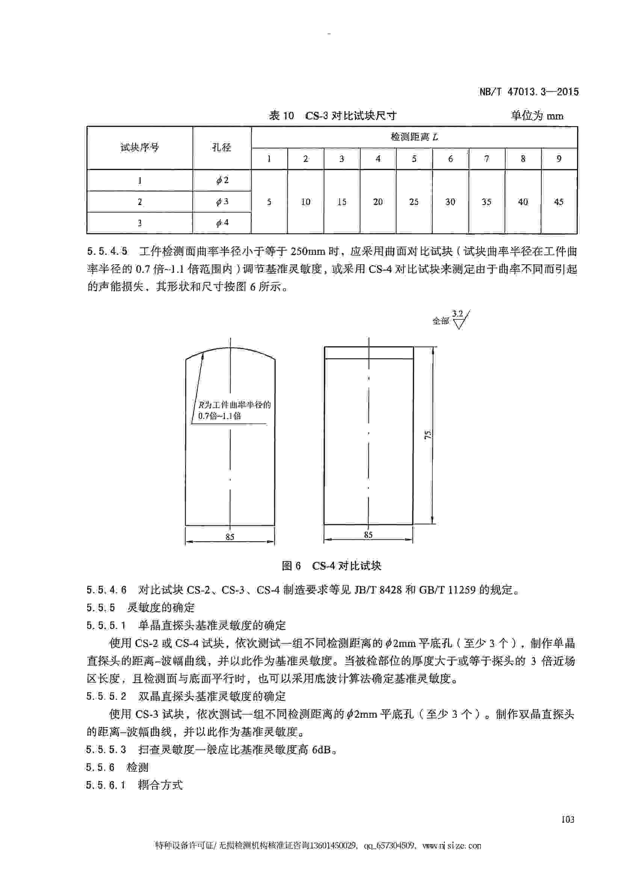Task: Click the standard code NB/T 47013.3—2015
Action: pyautogui.click(x=529, y=92)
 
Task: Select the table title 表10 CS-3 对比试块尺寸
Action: pyautogui.click(x=332, y=116)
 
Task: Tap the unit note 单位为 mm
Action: pyautogui.click(x=537, y=116)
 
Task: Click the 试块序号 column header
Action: pyautogui.click(x=139, y=148)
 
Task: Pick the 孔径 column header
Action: pyautogui.click(x=222, y=148)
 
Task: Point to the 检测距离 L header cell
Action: pyautogui.click(x=414, y=137)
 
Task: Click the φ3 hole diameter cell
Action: pyautogui.click(x=222, y=201)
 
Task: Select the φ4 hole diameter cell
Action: pyautogui.click(x=222, y=223)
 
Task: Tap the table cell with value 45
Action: pyautogui.click(x=559, y=202)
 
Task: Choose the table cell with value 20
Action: pyautogui.click(x=378, y=202)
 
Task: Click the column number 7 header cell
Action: pyautogui.click(x=486, y=159)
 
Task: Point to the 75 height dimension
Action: pyautogui.click(x=428, y=434)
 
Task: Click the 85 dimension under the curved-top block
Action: pyautogui.click(x=230, y=536)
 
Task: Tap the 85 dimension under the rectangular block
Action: pyautogui.click(x=368, y=535)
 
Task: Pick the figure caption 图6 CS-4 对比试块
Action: pyautogui.click(x=332, y=566)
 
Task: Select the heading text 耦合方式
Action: pyautogui.click(x=160, y=785)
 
